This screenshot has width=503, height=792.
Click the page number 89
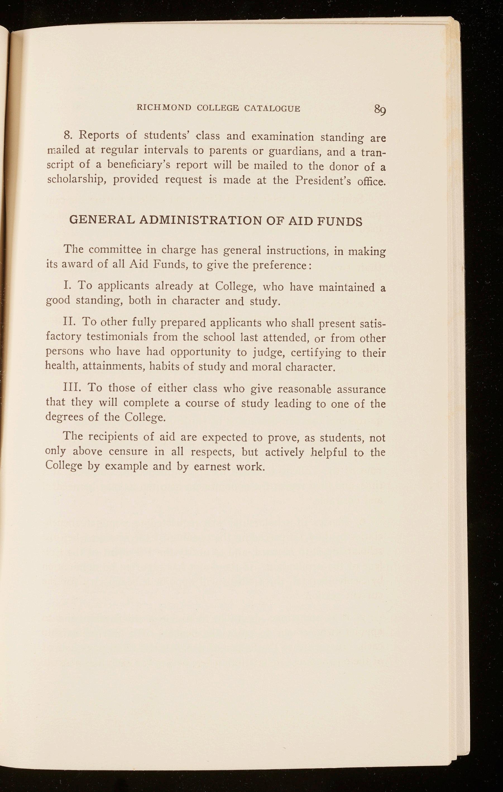(379, 110)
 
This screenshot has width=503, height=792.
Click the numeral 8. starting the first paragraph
(68, 135)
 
